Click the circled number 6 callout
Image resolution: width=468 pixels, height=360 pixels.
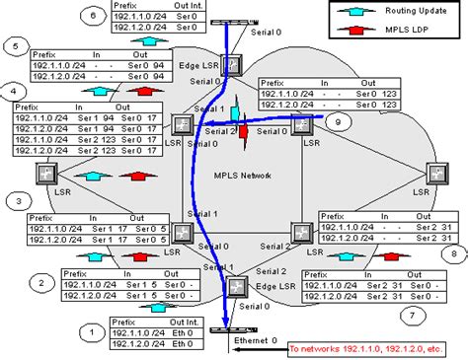coord(93,15)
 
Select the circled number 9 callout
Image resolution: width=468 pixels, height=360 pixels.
coord(339,122)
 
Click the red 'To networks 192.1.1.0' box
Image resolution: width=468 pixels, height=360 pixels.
coord(365,348)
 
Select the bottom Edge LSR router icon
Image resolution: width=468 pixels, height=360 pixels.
coord(239,287)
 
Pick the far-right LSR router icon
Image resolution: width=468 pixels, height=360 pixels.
coord(435,174)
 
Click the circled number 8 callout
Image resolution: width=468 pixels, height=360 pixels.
coord(453,252)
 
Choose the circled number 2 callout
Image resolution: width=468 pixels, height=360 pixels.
coord(41,283)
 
